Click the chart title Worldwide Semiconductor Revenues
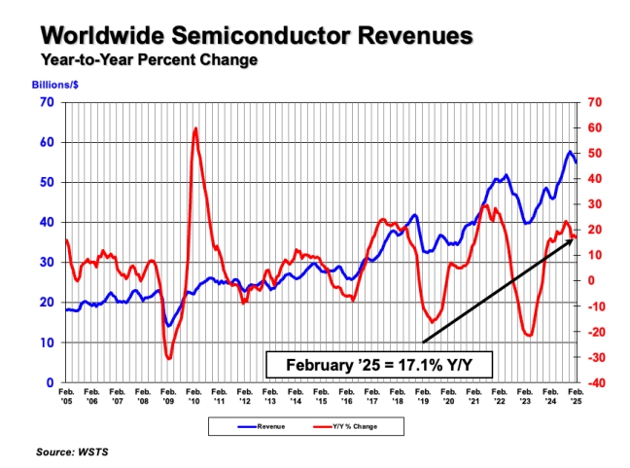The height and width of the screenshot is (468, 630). [x=257, y=36]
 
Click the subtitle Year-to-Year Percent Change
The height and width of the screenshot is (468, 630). [x=149, y=60]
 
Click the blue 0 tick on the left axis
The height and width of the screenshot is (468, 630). [x=49, y=382]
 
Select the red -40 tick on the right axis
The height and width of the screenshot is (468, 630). [x=591, y=382]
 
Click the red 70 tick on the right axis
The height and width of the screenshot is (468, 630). [x=589, y=102]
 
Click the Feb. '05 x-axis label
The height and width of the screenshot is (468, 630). [x=66, y=396]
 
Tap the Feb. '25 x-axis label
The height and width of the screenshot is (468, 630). [x=575, y=396]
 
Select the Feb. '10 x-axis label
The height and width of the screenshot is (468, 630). [x=193, y=396]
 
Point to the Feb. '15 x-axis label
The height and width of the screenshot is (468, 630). [x=321, y=396]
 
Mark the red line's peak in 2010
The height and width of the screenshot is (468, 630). [x=195, y=128]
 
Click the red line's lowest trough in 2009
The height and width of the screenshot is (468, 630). [x=168, y=358]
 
